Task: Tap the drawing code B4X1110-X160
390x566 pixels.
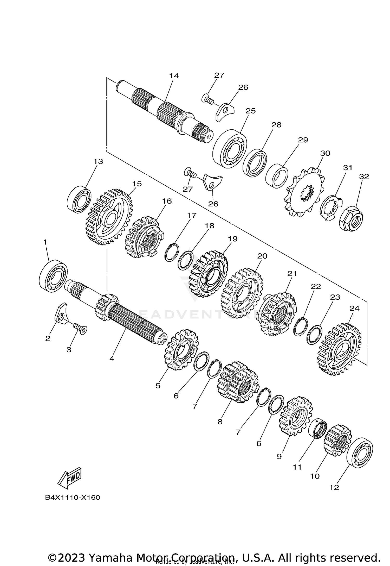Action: pos(73,498)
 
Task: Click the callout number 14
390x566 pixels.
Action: pos(174,76)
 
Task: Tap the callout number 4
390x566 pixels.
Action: pos(112,359)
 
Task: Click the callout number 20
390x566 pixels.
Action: pos(262,256)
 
